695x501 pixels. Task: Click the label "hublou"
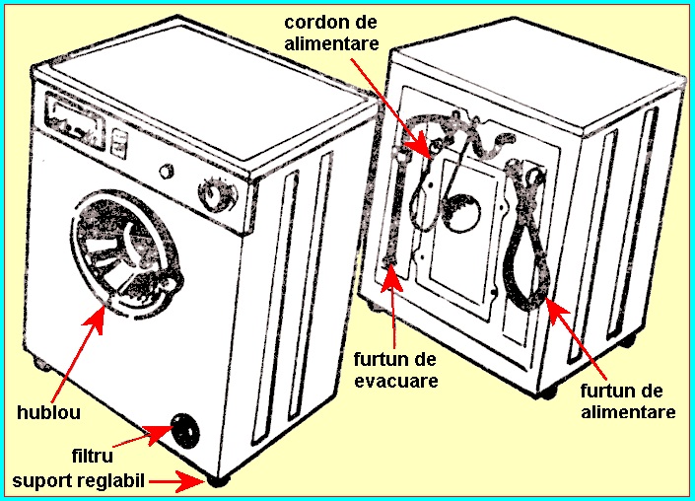(48, 412)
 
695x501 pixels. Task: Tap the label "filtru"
(93, 456)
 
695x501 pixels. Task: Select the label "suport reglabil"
(79, 480)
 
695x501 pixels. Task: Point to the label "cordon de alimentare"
(331, 33)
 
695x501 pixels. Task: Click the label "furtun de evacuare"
(395, 370)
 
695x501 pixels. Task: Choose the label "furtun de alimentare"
(628, 401)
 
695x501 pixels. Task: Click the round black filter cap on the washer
(185, 430)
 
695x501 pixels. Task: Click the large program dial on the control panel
(216, 194)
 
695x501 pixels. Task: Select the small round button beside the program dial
(167, 172)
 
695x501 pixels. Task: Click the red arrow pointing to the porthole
(78, 354)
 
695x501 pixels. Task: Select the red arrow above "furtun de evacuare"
(392, 306)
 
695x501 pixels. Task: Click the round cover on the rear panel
(461, 213)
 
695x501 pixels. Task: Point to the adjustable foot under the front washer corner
(218, 482)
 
